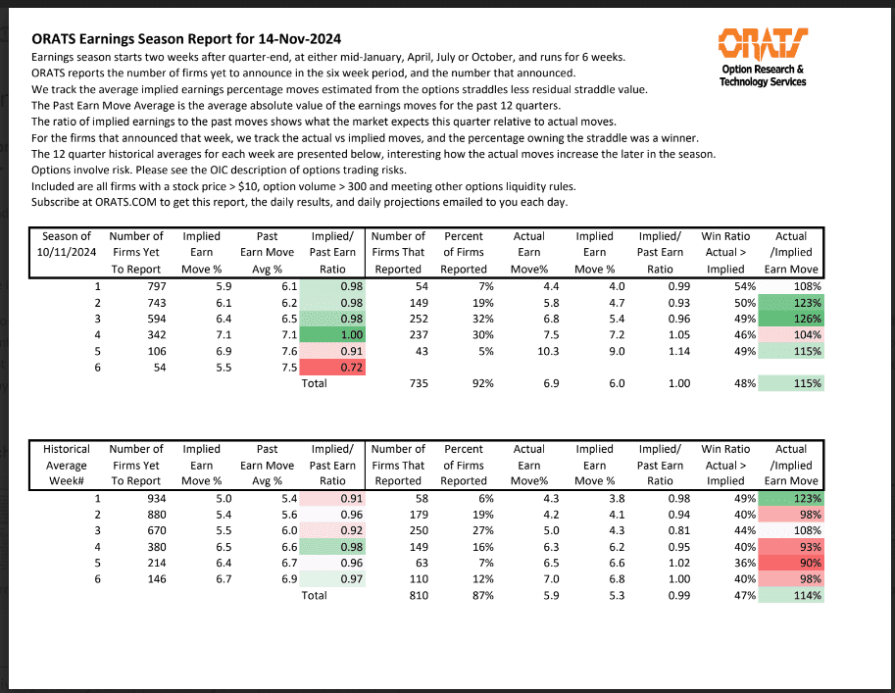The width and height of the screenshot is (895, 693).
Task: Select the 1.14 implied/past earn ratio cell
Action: [x=670, y=351]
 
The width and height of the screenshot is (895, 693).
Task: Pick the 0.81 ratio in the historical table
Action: [x=670, y=530]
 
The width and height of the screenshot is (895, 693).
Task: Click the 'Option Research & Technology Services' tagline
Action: [x=763, y=75]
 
